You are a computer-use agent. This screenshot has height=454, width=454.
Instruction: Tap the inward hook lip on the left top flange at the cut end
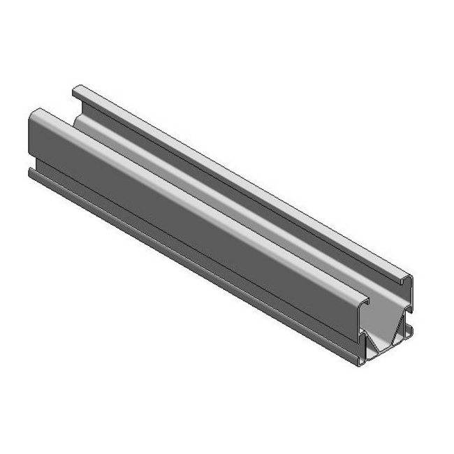[366, 302]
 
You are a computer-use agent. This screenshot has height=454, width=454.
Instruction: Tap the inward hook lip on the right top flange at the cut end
[402, 281]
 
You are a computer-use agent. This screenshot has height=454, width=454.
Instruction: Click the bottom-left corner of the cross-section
[361, 364]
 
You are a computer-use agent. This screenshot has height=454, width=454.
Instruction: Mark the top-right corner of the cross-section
[411, 277]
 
